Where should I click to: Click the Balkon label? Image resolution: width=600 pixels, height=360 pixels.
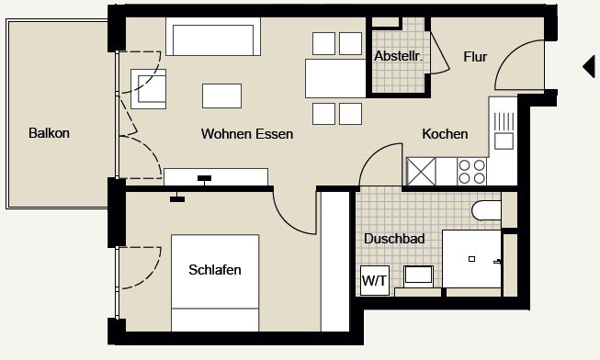49,133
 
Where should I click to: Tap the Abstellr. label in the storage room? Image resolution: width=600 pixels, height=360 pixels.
399,56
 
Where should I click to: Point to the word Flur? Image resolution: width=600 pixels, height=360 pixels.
475,57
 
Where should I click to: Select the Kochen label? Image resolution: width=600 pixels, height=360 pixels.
445,134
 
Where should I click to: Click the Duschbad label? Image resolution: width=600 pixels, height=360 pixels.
394,239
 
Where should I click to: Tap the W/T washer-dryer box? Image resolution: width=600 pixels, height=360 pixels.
375,280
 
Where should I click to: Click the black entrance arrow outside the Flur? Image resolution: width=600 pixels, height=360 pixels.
589,66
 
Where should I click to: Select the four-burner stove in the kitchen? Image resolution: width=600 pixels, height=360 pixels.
471,172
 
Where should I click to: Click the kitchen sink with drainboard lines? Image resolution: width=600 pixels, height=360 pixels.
504,130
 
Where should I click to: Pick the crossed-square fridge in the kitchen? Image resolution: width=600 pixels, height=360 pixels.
421,172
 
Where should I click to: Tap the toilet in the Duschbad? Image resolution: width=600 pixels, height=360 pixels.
486,210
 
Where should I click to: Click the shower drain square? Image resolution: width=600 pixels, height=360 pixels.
471,259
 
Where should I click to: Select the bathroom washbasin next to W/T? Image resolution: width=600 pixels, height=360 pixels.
419,276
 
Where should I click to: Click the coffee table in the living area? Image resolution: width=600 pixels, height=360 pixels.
222,96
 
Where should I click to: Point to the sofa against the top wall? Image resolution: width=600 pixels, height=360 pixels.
213,37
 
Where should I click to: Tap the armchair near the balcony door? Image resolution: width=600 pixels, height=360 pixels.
149,89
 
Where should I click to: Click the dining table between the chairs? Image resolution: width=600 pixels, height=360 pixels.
335,78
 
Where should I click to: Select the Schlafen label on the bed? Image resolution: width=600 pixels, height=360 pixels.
215,270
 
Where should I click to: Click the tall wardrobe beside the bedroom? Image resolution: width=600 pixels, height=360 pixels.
335,262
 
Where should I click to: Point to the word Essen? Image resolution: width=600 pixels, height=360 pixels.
275,134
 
